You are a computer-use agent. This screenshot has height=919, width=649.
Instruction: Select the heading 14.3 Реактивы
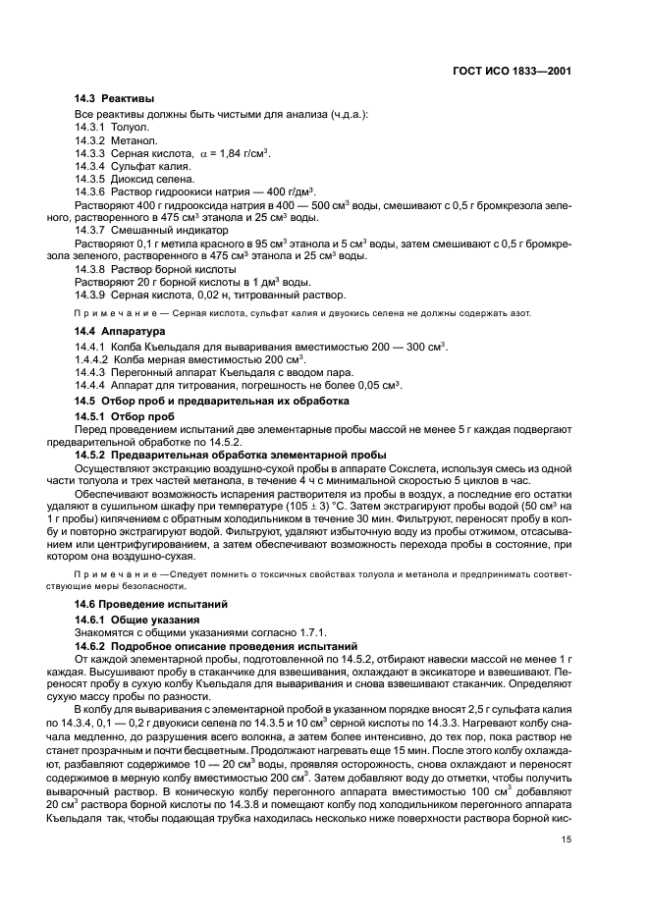(114, 98)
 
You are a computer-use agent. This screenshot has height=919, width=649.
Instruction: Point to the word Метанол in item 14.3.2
(134, 141)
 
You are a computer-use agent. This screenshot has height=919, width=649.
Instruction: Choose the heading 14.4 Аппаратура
(122, 332)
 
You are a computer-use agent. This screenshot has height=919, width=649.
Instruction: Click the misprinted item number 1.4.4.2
(93, 360)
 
